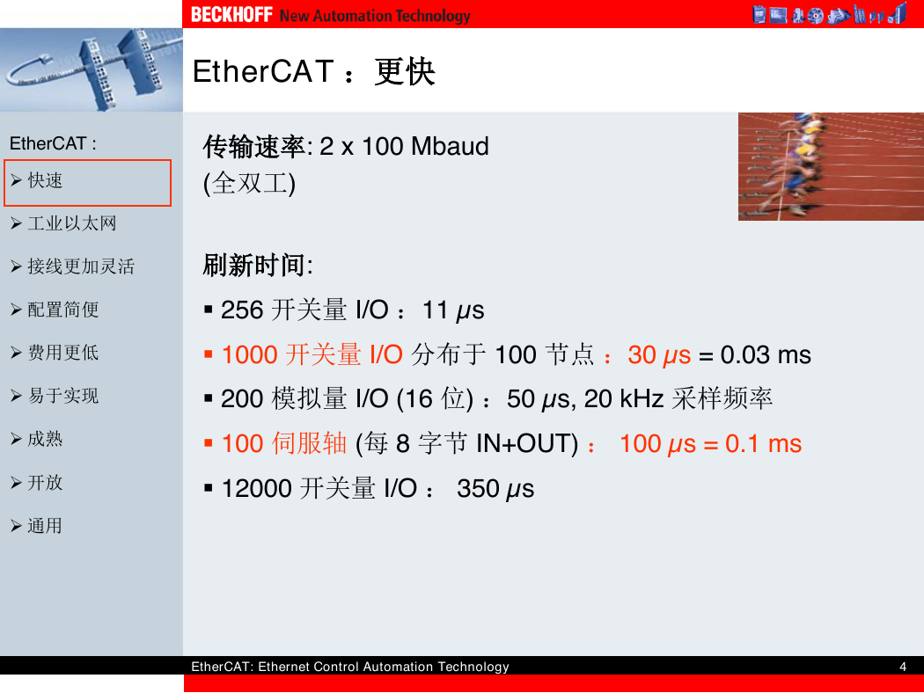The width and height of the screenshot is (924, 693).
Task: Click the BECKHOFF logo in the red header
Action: point(231,14)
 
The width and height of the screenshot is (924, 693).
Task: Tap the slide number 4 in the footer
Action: point(903,667)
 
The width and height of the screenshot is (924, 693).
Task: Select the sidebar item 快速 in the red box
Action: point(45,180)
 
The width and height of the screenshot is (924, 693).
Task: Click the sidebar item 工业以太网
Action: point(72,223)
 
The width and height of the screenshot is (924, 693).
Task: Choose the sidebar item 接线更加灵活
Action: point(81,266)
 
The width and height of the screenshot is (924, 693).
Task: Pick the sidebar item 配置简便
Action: point(63,309)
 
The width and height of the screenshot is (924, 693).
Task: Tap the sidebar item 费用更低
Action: point(63,352)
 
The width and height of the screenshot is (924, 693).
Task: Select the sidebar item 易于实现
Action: point(63,396)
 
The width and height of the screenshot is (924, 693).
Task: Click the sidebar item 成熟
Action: point(45,439)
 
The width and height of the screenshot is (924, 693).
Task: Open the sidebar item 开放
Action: point(45,482)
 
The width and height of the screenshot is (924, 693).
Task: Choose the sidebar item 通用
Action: point(45,525)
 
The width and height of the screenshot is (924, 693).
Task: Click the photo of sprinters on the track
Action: point(831,166)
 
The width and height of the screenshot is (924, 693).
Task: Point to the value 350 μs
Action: point(495,489)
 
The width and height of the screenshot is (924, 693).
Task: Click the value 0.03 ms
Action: point(766,355)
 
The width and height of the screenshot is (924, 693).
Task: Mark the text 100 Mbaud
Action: point(425,146)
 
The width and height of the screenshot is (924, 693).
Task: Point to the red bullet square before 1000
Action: point(208,354)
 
